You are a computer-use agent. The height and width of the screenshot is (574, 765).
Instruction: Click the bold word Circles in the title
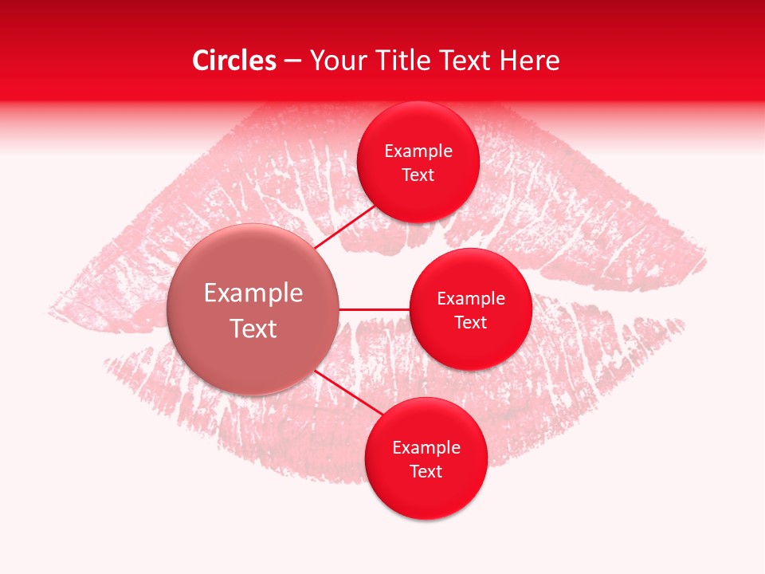coord(233,61)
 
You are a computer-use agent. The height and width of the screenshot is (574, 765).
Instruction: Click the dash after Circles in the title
coord(292,61)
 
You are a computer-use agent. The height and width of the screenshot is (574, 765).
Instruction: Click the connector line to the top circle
coord(344,226)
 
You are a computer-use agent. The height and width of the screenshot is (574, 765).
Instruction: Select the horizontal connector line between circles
coord(374,309)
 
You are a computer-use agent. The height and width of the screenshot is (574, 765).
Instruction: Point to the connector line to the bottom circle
coord(347,394)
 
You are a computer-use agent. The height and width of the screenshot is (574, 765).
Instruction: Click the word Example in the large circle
coord(253,293)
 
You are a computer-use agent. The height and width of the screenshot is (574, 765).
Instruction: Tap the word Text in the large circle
coord(253,328)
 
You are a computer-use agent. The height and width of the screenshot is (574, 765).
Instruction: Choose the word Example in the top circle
coord(418,151)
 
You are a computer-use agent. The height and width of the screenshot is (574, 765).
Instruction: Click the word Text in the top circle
coord(418,175)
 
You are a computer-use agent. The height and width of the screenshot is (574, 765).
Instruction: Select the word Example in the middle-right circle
coord(471,299)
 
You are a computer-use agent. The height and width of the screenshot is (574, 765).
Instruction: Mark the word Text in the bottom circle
coord(426,472)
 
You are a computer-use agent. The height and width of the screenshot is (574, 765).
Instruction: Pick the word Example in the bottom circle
coord(426,448)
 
